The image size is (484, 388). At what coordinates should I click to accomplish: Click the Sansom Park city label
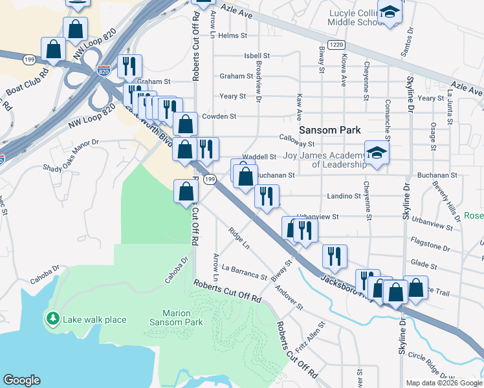coord(333,130)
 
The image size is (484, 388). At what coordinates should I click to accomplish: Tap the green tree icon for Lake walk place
coord(52,319)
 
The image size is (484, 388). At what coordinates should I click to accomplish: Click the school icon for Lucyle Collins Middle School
coord(390,12)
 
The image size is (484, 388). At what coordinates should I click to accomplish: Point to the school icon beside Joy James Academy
coord(376,153)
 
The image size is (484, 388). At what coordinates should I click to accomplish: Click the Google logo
coord(21,380)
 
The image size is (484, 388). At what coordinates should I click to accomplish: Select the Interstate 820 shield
coord(104,71)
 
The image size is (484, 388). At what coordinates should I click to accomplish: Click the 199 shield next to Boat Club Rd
coord(29,59)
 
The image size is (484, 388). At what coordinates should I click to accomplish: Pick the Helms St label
coord(230,36)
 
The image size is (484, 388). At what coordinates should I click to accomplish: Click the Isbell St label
coord(256,56)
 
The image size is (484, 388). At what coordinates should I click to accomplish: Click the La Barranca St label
coord(244,272)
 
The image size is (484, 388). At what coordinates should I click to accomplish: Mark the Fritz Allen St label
coord(316,335)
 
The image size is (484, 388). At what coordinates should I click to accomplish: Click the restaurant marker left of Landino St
coord(267,196)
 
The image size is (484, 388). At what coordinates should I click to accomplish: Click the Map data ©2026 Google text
coord(444,383)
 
